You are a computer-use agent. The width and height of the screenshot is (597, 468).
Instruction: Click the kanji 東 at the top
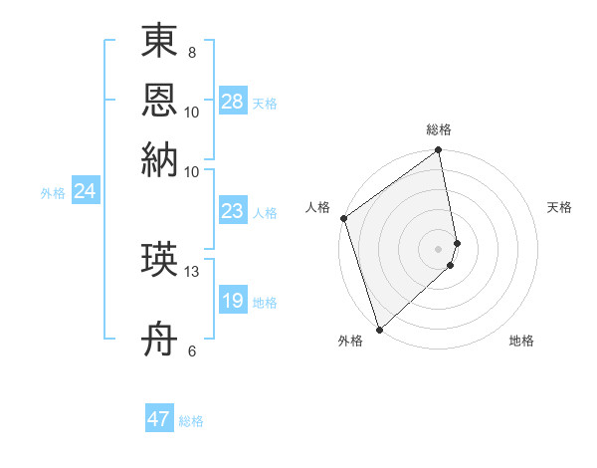point(159,43)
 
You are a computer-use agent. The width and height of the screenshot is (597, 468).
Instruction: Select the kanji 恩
point(159,101)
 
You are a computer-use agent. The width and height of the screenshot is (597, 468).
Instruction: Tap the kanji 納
point(159,159)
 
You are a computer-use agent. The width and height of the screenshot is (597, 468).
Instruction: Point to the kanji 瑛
point(159,261)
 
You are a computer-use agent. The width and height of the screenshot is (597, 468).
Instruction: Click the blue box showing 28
point(232,102)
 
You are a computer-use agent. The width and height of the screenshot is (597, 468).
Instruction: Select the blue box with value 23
point(232,211)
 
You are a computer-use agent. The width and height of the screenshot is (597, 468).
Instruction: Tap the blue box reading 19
point(232,301)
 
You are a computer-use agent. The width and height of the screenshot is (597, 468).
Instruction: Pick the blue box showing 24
point(85,191)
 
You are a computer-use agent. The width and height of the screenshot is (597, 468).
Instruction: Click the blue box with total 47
point(159,419)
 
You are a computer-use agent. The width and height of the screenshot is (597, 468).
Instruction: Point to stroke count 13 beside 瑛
point(192,271)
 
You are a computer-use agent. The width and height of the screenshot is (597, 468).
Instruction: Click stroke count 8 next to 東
point(192,53)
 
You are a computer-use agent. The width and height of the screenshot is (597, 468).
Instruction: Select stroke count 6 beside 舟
point(192,351)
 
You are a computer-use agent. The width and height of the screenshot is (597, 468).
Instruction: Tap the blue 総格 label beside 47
point(191,421)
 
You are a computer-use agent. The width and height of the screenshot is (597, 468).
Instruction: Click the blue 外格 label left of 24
point(53,193)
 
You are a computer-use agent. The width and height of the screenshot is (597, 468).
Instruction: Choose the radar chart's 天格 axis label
point(559,207)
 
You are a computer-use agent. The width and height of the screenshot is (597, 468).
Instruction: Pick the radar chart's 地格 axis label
point(521,341)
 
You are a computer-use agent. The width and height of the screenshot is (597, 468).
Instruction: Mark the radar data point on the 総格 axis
point(438,151)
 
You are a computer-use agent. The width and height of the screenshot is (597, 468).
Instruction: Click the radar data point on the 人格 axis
point(343,218)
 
